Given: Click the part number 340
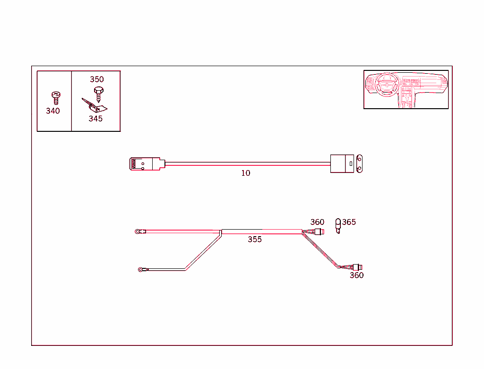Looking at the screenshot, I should [x=53, y=111].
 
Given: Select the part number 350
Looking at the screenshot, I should [x=97, y=79].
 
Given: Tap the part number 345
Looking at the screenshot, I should [x=95, y=119].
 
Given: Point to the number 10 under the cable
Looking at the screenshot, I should [x=246, y=173].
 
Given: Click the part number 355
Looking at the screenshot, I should [x=255, y=240].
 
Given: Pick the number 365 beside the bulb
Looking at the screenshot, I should [x=349, y=222].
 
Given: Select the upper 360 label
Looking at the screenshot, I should [x=317, y=222].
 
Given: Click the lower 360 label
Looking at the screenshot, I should [x=356, y=275].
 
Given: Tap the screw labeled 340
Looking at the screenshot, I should [x=55, y=97].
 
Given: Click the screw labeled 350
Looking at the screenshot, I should [x=98, y=94].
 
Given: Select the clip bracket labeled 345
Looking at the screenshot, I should [x=95, y=106].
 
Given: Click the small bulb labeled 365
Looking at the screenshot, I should [x=338, y=225].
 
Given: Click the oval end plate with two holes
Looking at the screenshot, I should [x=361, y=163].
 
